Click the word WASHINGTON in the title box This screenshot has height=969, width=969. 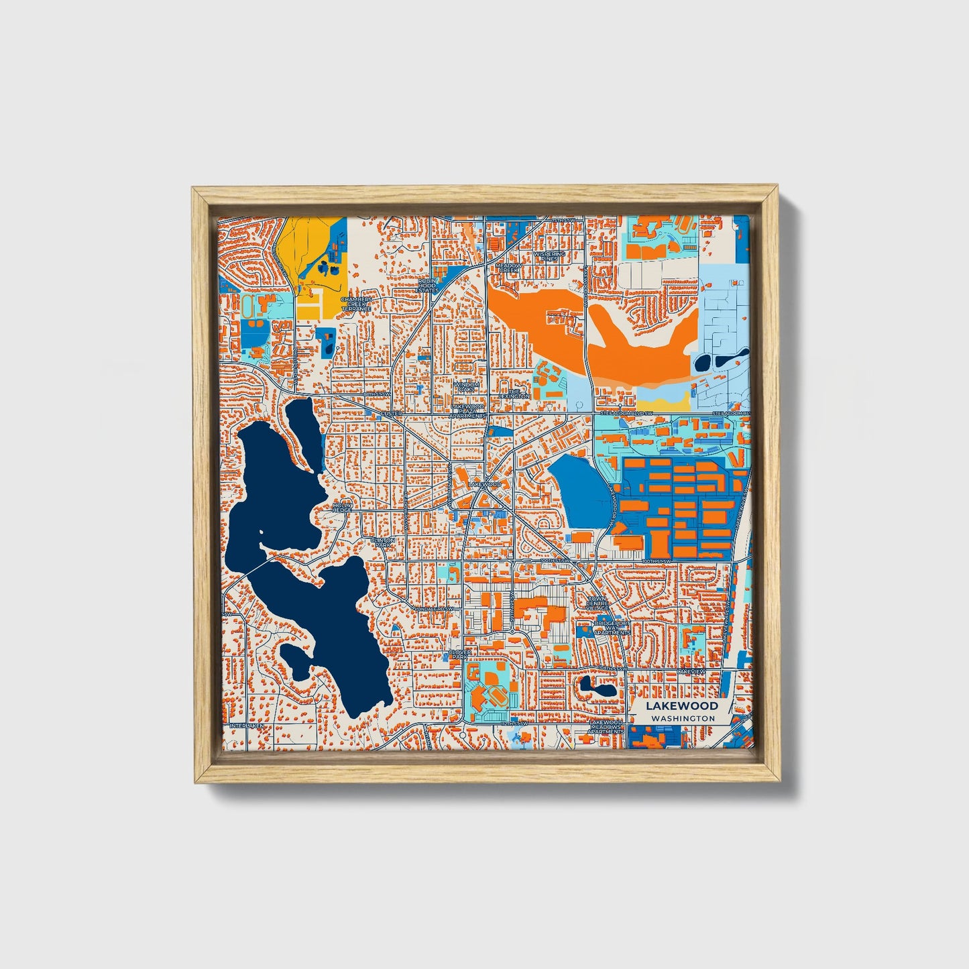(682, 718)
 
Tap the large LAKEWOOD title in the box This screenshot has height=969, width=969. (682, 705)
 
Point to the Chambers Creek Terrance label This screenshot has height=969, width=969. (356, 304)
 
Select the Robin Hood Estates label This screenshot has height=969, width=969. (427, 286)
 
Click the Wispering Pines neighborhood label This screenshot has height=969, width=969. (549, 257)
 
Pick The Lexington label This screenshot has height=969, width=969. (514, 394)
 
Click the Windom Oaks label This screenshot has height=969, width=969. (467, 387)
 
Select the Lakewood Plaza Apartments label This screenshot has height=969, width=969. (467, 411)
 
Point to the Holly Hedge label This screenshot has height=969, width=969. (343, 507)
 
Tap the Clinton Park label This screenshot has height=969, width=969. (384, 543)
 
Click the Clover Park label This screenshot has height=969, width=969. (460, 654)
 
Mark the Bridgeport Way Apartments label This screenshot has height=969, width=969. (612, 628)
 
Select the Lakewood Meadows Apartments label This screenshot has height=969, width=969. (606, 726)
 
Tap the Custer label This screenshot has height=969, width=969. (392, 414)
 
